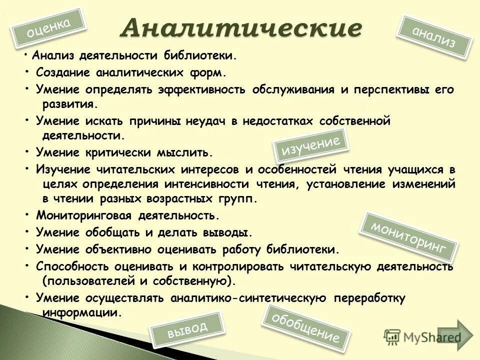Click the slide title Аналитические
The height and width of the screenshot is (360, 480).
coord(240,28)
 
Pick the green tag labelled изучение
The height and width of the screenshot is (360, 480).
coord(311,145)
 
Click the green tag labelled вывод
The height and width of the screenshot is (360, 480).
coord(187,329)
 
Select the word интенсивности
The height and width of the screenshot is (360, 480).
coord(206,183)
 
